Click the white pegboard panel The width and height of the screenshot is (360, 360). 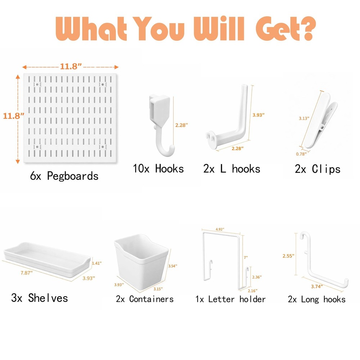click(x=70, y=119)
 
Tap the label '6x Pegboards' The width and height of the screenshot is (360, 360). click(x=64, y=176)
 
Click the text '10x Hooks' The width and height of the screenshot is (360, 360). click(x=158, y=168)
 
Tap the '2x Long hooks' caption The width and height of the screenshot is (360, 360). click(x=316, y=299)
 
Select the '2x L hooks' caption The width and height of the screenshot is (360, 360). click(x=231, y=168)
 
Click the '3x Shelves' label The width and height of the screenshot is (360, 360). click(x=39, y=298)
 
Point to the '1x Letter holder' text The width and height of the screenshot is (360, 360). click(x=230, y=299)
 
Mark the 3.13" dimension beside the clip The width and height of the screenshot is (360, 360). click(x=304, y=118)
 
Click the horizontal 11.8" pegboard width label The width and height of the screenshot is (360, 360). click(x=71, y=67)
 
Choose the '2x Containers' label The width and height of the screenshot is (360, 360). click(x=145, y=299)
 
